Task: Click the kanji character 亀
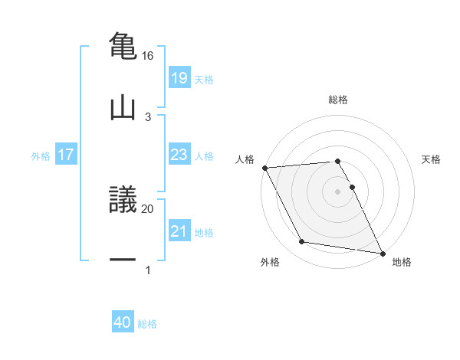[x=123, y=45]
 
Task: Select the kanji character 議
[x=123, y=200]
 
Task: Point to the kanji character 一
[x=123, y=260]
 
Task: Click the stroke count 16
[x=147, y=56]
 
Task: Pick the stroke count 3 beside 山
[x=147, y=116]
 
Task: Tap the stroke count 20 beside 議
[x=147, y=208]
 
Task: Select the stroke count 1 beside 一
[x=147, y=270]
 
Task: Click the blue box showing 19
[x=179, y=77]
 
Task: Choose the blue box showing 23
[x=179, y=155]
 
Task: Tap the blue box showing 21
[x=179, y=231]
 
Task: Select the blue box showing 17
[x=66, y=155]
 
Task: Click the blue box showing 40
[x=123, y=323]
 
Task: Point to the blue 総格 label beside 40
[x=148, y=324]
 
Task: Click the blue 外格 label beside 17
[x=41, y=155]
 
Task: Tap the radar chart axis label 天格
[x=432, y=159]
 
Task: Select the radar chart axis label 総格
[x=338, y=100]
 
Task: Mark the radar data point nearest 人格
[x=264, y=168]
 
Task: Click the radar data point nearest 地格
[x=381, y=252]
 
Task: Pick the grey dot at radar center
[x=338, y=191]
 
